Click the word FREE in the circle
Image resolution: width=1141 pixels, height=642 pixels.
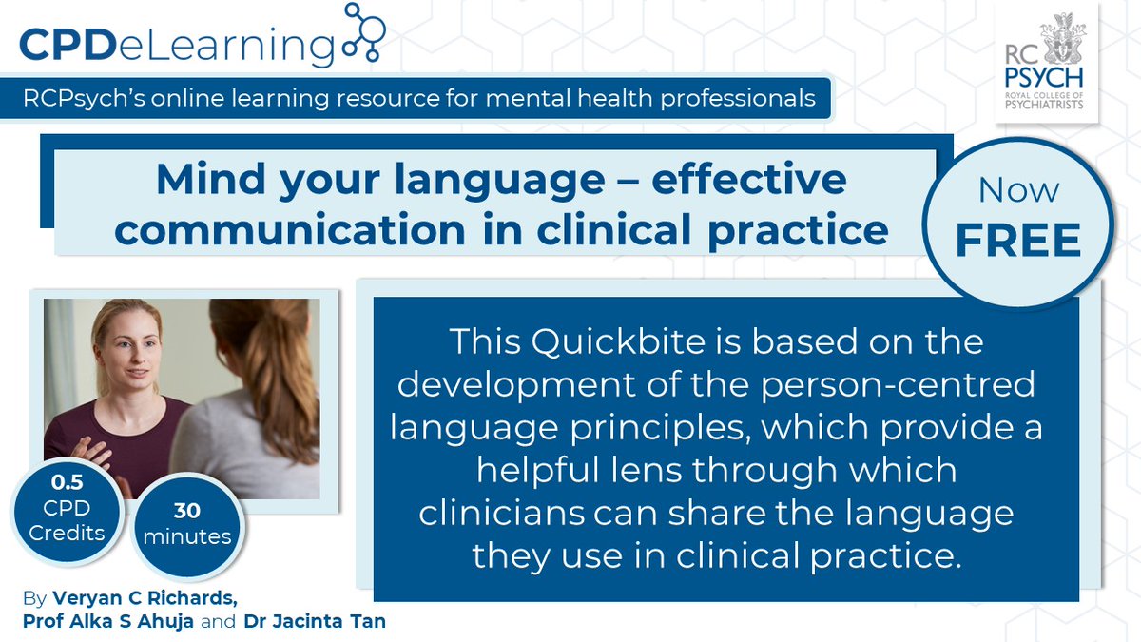(x=1018, y=241)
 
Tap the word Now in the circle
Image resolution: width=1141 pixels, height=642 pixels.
(x=1018, y=189)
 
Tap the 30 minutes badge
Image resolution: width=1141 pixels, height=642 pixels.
(x=188, y=523)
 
